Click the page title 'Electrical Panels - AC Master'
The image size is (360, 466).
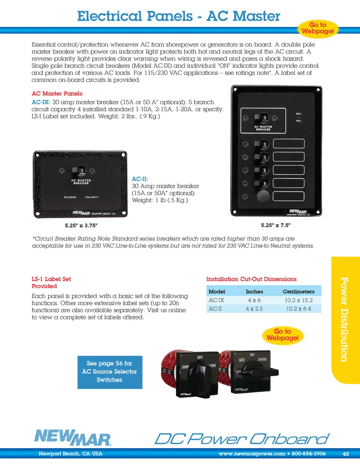click(x=178, y=17)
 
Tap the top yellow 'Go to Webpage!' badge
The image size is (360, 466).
click(x=318, y=28)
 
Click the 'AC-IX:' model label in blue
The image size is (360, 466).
click(x=40, y=102)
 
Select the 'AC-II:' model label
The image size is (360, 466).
click(x=140, y=179)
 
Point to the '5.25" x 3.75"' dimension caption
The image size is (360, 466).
click(x=81, y=225)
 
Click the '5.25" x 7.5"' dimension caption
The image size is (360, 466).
click(x=276, y=225)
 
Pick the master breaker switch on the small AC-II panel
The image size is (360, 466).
click(x=81, y=171)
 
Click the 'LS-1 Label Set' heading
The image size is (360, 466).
click(x=51, y=279)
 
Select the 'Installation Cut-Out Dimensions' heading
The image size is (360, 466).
click(x=251, y=279)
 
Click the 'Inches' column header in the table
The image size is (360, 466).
click(x=254, y=292)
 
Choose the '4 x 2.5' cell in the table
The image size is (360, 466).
click(x=254, y=309)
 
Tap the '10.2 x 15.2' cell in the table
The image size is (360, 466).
click(x=298, y=300)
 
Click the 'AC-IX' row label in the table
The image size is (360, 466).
click(x=216, y=300)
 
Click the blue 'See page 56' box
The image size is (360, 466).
click(x=109, y=372)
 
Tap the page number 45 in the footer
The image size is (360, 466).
click(x=345, y=454)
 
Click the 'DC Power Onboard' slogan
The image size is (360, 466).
click(x=242, y=439)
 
